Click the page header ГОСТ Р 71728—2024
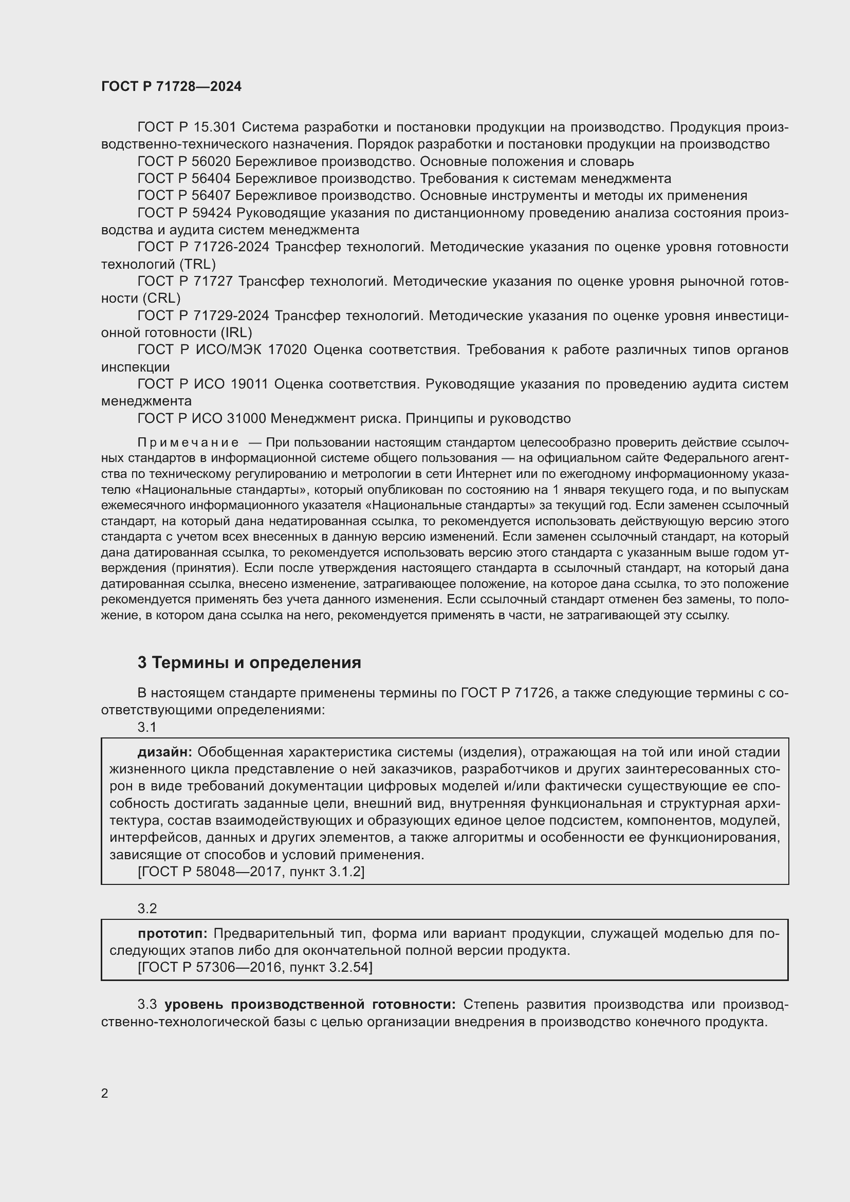171,86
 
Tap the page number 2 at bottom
105,1093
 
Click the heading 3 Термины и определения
249,663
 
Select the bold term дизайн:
165,752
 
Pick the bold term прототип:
173,933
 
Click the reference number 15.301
215,127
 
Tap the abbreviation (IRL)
236,332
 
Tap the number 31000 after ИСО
247,418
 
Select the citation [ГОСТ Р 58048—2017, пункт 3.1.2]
251,872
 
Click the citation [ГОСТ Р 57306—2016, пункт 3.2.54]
255,967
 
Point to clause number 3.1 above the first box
147,727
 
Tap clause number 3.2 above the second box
147,908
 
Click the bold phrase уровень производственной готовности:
310,1004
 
